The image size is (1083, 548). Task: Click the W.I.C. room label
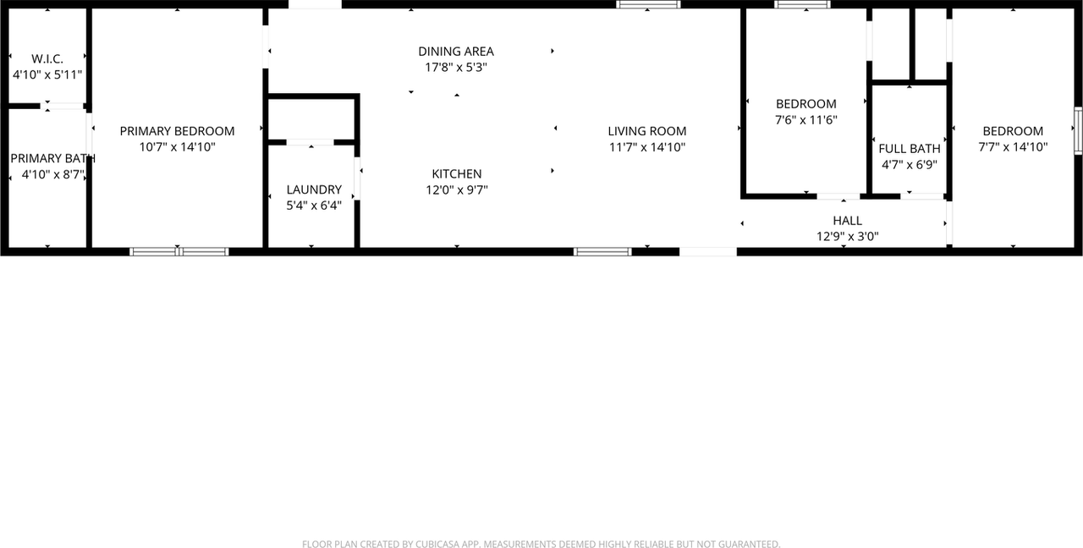pos(47,58)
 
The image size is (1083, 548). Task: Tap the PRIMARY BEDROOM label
pos(177,131)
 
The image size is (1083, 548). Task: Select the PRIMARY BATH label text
pos(52,158)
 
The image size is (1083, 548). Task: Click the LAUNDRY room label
pos(314,189)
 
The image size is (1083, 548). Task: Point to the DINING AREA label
pos(456,52)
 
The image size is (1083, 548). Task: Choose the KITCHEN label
pos(457,174)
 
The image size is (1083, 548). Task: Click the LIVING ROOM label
pos(647,131)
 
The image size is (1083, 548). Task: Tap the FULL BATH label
pos(910,149)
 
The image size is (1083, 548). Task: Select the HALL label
pos(847,221)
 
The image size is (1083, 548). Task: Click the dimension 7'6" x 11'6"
pos(806,120)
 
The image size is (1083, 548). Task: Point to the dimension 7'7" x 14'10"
pos(1013,146)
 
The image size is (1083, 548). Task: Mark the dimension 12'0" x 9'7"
pos(457,190)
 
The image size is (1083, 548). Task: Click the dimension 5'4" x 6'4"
pos(314,205)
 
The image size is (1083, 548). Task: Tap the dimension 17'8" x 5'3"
pos(456,68)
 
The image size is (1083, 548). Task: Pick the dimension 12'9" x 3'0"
pos(847,237)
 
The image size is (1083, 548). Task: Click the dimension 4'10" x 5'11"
pos(47,74)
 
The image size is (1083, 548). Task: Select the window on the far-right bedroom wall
pos(1079,131)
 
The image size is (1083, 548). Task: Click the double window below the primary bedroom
pos(179,251)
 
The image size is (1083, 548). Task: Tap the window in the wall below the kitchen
pos(602,251)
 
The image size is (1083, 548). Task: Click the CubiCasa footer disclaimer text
pos(541,544)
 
